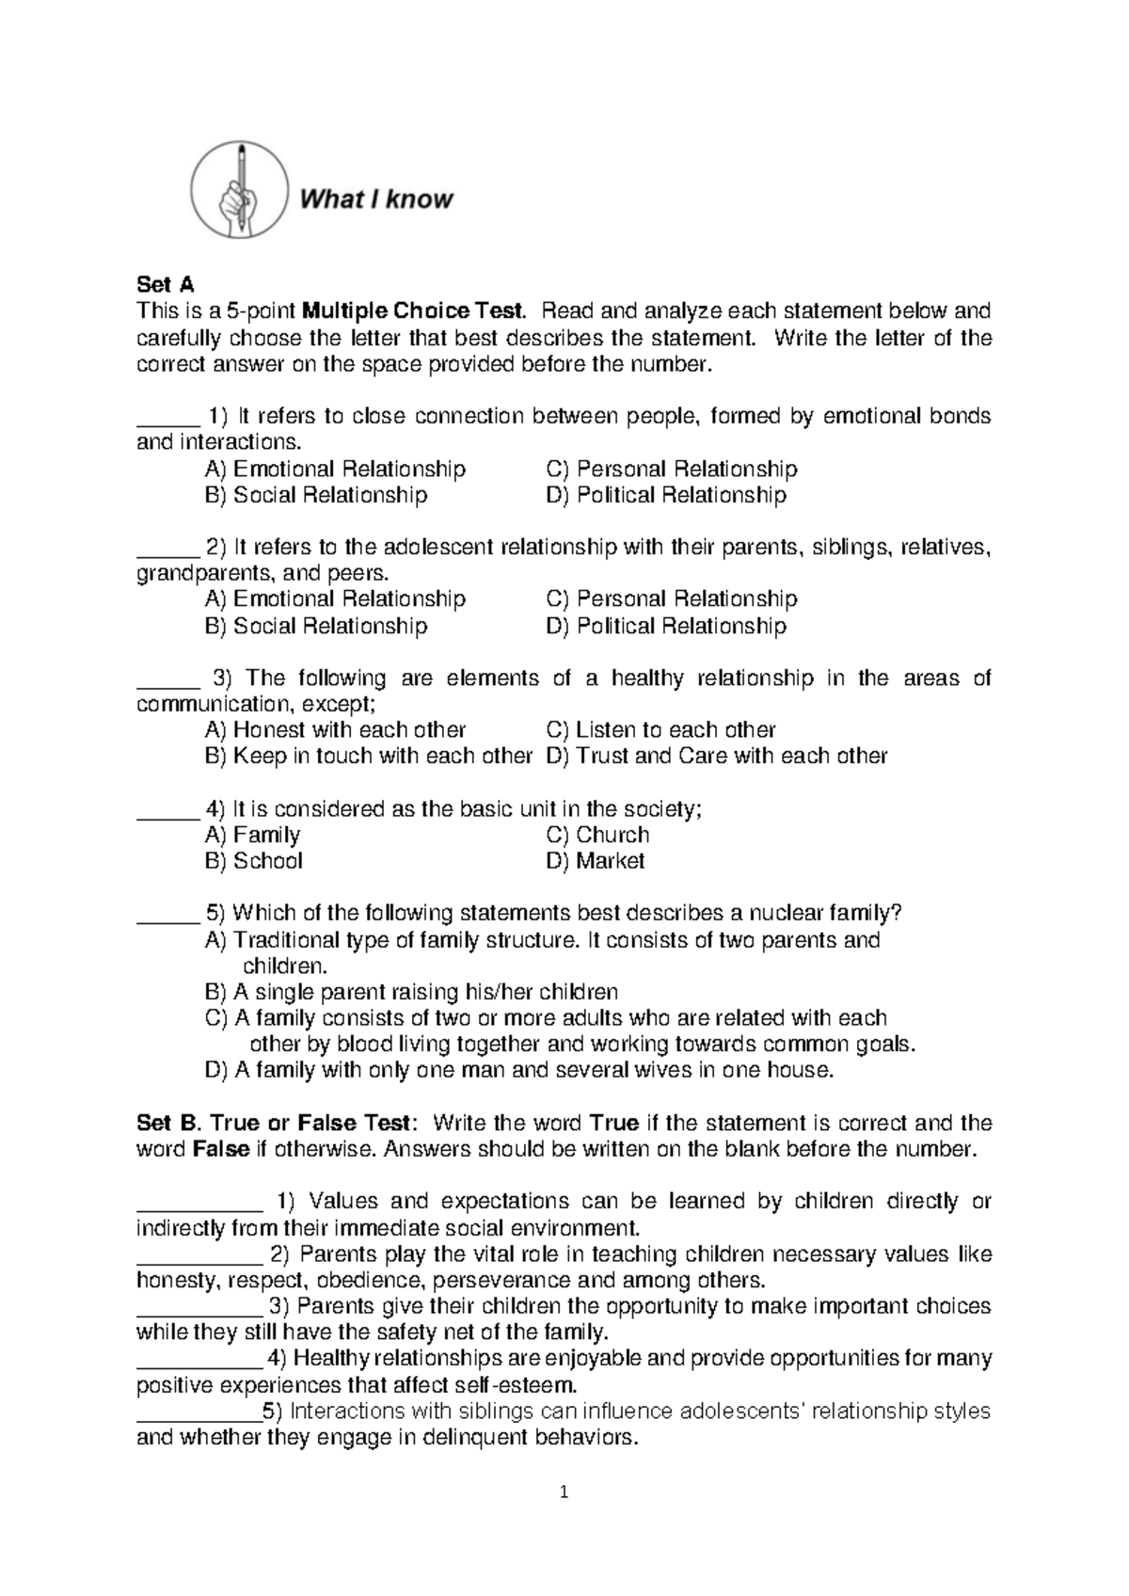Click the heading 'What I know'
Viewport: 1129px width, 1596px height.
pos(376,199)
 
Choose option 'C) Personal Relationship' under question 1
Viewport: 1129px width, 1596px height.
pos(671,469)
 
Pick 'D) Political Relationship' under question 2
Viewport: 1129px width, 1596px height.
pos(665,626)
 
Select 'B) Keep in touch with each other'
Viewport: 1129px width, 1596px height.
pos(368,756)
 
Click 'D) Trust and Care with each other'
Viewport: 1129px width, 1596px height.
pos(716,756)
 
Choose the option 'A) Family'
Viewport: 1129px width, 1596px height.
pos(252,835)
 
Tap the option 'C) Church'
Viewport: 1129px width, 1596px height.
pos(597,835)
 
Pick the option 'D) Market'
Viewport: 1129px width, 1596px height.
pos(595,861)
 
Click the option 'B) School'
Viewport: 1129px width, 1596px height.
pos(253,861)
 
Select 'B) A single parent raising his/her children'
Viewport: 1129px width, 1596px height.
pos(411,992)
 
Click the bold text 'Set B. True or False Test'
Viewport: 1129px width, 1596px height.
pos(274,1123)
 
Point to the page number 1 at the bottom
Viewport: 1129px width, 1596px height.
pos(564,1492)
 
